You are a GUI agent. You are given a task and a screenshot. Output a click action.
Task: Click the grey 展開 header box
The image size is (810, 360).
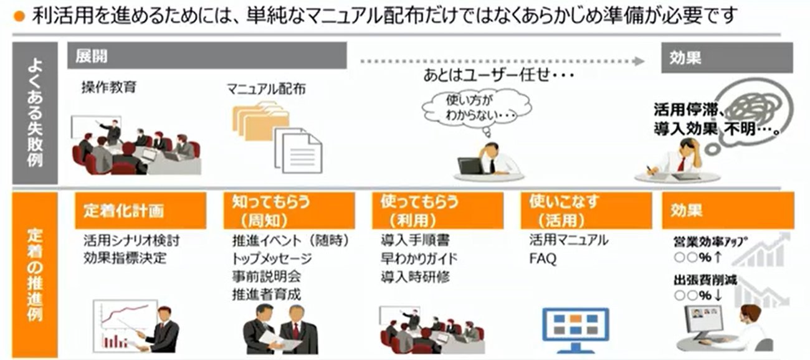[207, 55]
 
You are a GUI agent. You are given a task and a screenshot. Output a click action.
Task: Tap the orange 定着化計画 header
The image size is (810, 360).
[140, 211]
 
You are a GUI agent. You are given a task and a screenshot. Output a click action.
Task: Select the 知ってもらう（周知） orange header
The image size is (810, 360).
[289, 211]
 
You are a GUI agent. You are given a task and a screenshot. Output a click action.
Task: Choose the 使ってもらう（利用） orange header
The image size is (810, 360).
[437, 211]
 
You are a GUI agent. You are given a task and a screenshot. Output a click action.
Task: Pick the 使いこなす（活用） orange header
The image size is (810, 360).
[586, 211]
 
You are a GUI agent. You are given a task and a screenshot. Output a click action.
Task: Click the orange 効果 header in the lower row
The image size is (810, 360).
[728, 211]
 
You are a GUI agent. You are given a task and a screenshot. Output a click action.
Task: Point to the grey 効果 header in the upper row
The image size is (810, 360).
[727, 57]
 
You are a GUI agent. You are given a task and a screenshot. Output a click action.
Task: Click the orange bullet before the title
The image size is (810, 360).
[19, 16]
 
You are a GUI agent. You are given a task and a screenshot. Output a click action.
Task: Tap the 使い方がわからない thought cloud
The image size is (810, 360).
[477, 108]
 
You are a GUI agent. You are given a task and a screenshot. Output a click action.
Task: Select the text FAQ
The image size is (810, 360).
[543, 258]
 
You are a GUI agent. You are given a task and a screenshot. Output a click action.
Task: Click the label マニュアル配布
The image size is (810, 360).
[266, 88]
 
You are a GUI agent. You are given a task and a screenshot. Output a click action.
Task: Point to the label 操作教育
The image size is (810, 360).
[109, 87]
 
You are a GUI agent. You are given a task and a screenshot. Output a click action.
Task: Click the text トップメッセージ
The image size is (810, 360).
[272, 258]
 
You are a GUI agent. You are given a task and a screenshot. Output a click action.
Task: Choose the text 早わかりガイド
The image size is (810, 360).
[419, 258]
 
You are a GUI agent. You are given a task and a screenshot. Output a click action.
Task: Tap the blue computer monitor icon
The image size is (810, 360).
[576, 329]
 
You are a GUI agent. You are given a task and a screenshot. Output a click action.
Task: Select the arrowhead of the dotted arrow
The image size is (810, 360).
[640, 61]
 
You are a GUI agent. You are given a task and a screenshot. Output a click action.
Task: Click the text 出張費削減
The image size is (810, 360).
[705, 280]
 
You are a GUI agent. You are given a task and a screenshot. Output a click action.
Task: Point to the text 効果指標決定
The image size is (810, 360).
[125, 258]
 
